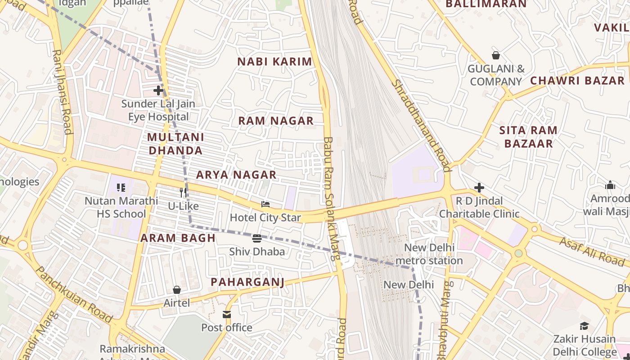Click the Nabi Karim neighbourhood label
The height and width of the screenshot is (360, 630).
(x=274, y=62)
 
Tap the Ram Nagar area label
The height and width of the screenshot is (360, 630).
(x=276, y=121)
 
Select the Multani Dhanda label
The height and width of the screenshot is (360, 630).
(x=175, y=144)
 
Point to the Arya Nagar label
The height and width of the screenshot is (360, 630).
(x=236, y=175)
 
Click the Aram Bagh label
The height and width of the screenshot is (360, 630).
(x=178, y=238)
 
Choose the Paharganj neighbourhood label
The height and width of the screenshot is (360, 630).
(x=247, y=282)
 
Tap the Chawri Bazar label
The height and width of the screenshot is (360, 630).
(x=577, y=81)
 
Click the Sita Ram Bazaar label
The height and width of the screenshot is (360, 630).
(x=528, y=137)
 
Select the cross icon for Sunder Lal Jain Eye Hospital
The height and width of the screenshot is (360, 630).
(x=158, y=90)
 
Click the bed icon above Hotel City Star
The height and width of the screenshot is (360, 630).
(x=265, y=204)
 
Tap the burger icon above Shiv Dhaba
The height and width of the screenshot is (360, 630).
(x=257, y=238)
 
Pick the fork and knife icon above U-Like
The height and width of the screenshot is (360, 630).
(x=183, y=193)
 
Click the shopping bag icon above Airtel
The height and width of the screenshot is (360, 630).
(x=177, y=290)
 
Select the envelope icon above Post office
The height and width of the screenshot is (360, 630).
(x=227, y=314)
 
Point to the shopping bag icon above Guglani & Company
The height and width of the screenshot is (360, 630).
(x=496, y=55)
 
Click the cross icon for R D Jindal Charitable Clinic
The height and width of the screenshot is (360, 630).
(x=479, y=187)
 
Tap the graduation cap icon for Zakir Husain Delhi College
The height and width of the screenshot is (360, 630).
(x=584, y=326)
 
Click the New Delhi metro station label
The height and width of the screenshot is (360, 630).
(x=429, y=254)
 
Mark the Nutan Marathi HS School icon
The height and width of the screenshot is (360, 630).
(x=121, y=187)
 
